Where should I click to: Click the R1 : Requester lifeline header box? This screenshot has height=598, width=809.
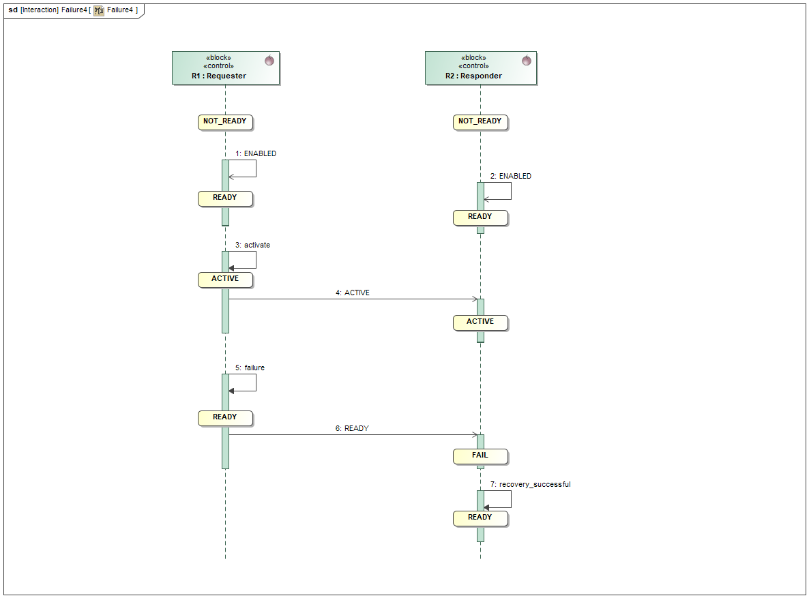(225, 68)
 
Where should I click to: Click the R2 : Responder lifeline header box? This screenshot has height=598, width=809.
(480, 68)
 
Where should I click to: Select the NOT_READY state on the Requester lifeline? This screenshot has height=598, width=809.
(225, 122)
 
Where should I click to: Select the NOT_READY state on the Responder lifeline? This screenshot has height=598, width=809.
(480, 122)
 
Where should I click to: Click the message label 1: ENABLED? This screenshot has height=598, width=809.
(256, 154)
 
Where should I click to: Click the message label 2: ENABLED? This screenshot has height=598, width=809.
(511, 176)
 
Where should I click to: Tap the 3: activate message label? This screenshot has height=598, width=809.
(252, 245)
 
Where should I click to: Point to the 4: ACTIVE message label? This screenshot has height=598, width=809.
(353, 293)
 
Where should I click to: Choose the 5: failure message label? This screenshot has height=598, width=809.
(250, 368)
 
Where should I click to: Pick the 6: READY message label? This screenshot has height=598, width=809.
(352, 428)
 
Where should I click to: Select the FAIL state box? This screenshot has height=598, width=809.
(480, 455)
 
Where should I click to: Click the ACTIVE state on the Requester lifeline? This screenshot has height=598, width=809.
(225, 279)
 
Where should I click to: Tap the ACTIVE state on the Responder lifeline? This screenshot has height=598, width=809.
(480, 322)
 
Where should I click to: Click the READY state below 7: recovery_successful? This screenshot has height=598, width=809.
(480, 518)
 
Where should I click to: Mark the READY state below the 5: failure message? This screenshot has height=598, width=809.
(225, 417)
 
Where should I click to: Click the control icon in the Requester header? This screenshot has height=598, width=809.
(269, 61)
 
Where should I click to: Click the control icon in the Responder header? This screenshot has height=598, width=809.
(526, 61)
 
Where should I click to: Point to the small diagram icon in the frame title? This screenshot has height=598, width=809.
(99, 10)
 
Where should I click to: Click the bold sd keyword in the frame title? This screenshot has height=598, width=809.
(13, 10)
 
